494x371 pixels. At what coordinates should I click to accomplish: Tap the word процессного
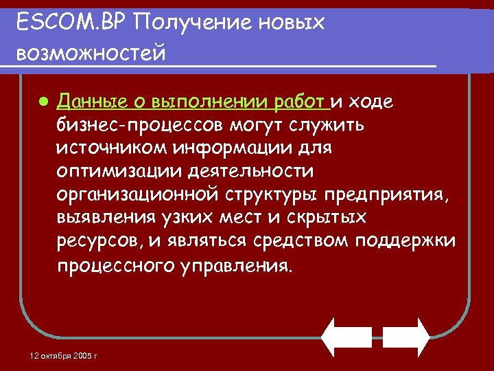(x=110, y=266)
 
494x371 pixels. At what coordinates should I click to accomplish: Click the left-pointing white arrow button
(x=347, y=336)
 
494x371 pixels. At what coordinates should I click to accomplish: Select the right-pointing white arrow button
(x=405, y=336)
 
